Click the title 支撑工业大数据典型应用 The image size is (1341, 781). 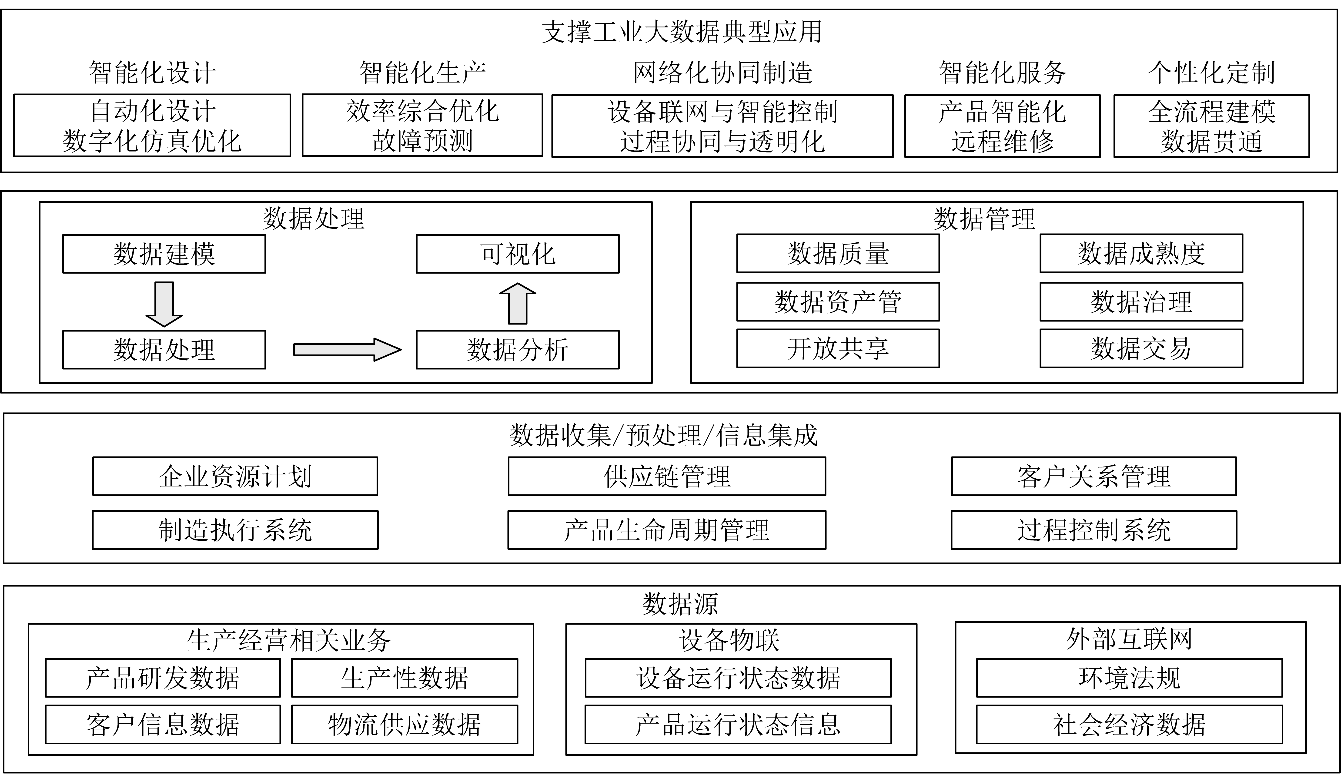(682, 32)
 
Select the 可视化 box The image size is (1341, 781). (517, 254)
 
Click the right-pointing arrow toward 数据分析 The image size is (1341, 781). (347, 349)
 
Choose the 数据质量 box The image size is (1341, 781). (838, 253)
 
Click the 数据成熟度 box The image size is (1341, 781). (1141, 253)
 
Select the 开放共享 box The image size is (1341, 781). (838, 348)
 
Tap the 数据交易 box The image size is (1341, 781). (1141, 348)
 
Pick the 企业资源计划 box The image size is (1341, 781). (235, 476)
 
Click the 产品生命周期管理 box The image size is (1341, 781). (667, 529)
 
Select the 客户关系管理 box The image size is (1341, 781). (1094, 476)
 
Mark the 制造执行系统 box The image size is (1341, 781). (235, 529)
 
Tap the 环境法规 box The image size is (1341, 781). (1129, 677)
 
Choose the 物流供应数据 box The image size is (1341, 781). (405, 724)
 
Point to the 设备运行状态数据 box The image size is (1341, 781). (738, 677)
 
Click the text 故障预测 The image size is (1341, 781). (422, 141)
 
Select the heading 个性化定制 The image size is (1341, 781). (1211, 72)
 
